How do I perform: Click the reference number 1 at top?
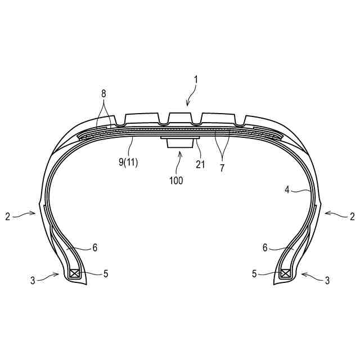[x=196, y=80]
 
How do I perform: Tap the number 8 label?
[x=103, y=94]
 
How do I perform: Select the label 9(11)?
[x=128, y=163]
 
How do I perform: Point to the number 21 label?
[x=200, y=164]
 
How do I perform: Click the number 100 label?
[x=176, y=181]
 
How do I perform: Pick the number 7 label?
[x=222, y=168]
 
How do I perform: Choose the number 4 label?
[x=287, y=190]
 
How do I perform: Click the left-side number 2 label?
[x=8, y=217]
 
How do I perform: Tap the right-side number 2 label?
[x=352, y=217]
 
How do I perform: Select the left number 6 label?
[x=95, y=247]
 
